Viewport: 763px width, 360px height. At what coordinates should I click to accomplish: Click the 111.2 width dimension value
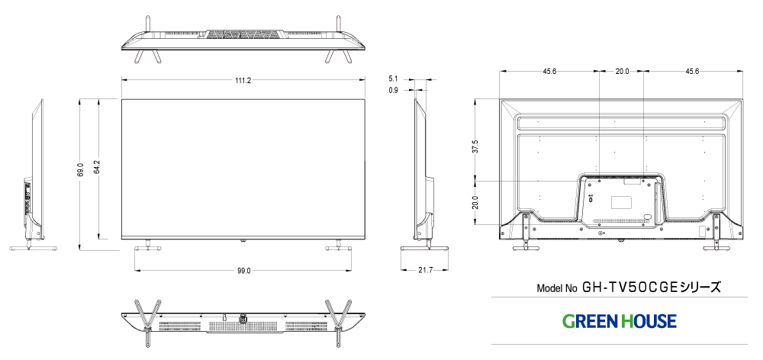click(244, 80)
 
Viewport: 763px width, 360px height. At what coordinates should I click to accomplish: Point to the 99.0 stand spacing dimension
click(244, 271)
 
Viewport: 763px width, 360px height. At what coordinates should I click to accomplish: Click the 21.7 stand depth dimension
click(425, 271)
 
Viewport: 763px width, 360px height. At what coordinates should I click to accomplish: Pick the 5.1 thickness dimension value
click(393, 79)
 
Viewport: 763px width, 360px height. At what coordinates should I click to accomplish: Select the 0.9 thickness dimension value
click(393, 91)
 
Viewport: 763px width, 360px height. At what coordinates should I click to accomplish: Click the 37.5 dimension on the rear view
click(475, 146)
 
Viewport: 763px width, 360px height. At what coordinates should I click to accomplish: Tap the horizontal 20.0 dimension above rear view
click(622, 72)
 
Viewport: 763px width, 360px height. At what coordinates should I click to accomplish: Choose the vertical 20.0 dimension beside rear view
click(475, 203)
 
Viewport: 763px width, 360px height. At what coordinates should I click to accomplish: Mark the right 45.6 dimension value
click(692, 72)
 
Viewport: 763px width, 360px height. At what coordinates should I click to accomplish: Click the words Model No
click(557, 289)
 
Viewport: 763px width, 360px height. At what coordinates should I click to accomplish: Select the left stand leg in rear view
click(526, 232)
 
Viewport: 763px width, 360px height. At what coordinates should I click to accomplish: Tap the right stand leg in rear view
click(716, 232)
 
